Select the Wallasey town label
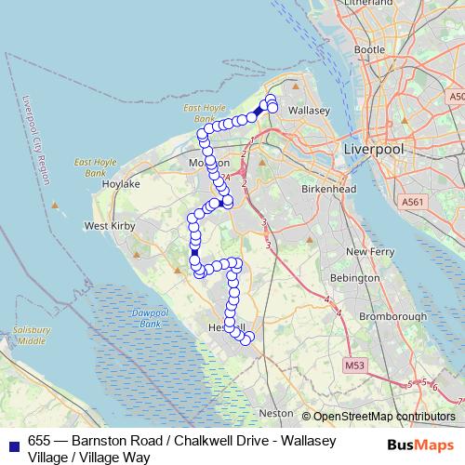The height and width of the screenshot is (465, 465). pos(310,110)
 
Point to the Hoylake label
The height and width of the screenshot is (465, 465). pos(120,184)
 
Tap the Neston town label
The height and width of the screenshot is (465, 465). pos(275,412)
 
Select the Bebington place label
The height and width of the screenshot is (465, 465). pos(357,278)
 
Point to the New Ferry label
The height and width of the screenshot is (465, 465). pos(365,252)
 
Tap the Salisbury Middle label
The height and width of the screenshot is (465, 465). pos(32,336)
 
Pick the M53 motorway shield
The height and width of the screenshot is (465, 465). pos(353,367)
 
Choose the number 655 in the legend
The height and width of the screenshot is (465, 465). pos(40,441)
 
